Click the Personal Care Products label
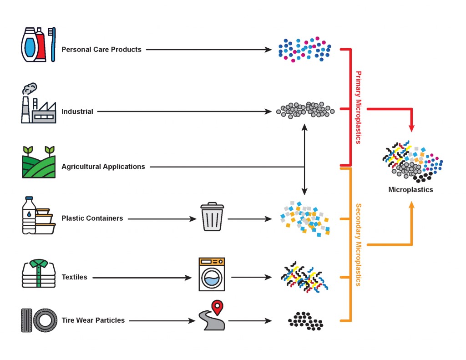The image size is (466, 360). click(101, 49)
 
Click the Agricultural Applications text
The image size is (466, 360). click(103, 167)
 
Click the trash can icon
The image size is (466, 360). click(212, 217)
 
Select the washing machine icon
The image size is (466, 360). click(212, 274)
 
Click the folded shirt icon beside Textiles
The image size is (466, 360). click(39, 273)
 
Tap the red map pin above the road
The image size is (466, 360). click(218, 308)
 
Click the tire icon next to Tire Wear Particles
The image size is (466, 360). click(45, 320)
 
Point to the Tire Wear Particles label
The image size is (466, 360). click(93, 320)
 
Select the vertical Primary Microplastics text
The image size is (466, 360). click(358, 107)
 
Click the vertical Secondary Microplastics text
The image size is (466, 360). click(358, 244)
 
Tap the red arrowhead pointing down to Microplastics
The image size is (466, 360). click(412, 126)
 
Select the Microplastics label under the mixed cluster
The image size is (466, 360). click(410, 190)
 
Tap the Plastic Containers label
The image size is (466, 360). click(92, 218)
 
